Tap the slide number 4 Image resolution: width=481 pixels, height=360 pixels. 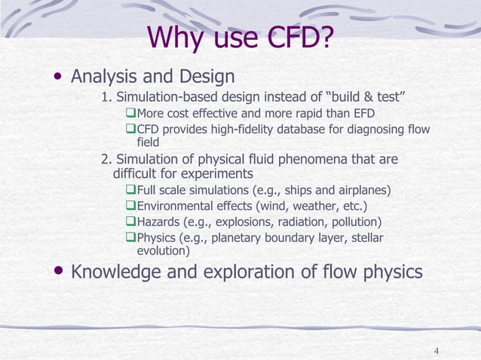(437, 351)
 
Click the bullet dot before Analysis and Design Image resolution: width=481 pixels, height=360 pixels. (57, 78)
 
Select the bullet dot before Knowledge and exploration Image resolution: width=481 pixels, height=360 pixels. (57, 271)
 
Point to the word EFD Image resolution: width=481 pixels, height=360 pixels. (362, 114)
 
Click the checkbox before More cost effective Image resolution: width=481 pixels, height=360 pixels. (130, 114)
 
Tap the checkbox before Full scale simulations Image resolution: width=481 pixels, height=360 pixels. (130, 190)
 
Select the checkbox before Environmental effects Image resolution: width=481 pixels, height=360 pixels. (130, 206)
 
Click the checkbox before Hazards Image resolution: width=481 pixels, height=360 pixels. (130, 222)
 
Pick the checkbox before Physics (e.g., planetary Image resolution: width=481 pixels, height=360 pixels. (130, 239)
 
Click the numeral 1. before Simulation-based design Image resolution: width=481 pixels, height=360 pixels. (107, 97)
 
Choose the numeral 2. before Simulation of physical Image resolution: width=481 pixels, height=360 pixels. (107, 160)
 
